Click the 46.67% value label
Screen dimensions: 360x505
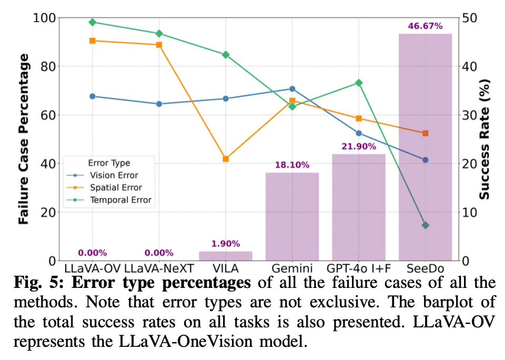tap(425, 26)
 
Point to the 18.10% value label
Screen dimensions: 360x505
tap(292, 165)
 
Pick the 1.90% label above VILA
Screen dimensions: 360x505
tap(226, 244)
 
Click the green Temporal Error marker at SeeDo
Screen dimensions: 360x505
tap(425, 225)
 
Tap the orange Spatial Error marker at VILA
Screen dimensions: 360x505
tap(226, 159)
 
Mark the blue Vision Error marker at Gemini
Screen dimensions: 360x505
tap(292, 89)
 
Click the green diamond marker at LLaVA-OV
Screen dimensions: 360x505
tap(92, 22)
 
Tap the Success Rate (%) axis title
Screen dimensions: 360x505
tap(485, 139)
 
